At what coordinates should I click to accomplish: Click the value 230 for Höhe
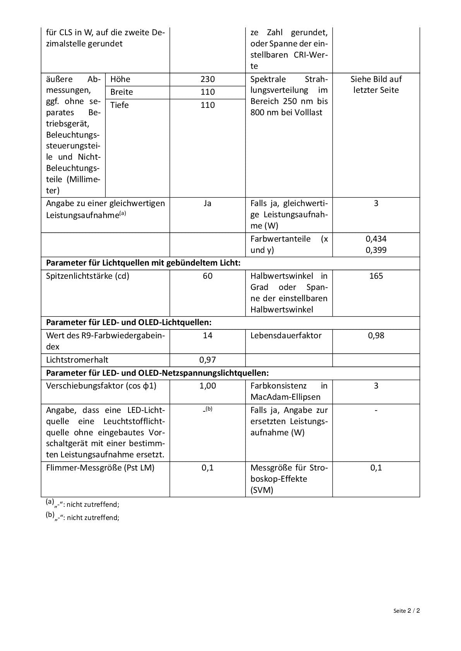click(207, 79)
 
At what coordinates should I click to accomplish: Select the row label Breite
click(122, 92)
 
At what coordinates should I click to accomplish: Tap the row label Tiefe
click(119, 105)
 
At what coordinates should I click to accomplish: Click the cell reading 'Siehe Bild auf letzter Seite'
click(376, 85)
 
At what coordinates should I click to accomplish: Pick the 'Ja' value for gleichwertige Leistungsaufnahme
click(207, 203)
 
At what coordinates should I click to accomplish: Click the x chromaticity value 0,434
click(376, 239)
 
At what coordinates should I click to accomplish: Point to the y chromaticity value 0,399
click(376, 250)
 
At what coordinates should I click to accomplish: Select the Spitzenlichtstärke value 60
click(207, 276)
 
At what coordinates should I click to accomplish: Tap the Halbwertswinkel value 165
click(376, 276)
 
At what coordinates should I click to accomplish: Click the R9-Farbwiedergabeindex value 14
click(207, 336)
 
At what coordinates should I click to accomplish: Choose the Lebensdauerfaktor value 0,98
click(376, 336)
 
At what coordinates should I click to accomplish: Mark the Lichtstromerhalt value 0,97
click(207, 360)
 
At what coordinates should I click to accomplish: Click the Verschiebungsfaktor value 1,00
click(207, 386)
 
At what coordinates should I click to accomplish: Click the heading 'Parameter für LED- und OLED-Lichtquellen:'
click(129, 322)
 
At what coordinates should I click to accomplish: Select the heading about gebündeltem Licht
click(143, 263)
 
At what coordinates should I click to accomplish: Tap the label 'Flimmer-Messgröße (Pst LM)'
click(100, 468)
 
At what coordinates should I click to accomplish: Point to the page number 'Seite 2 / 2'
click(406, 611)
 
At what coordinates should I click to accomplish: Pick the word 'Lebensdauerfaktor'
click(286, 336)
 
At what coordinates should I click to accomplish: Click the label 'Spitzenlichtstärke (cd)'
click(87, 276)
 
